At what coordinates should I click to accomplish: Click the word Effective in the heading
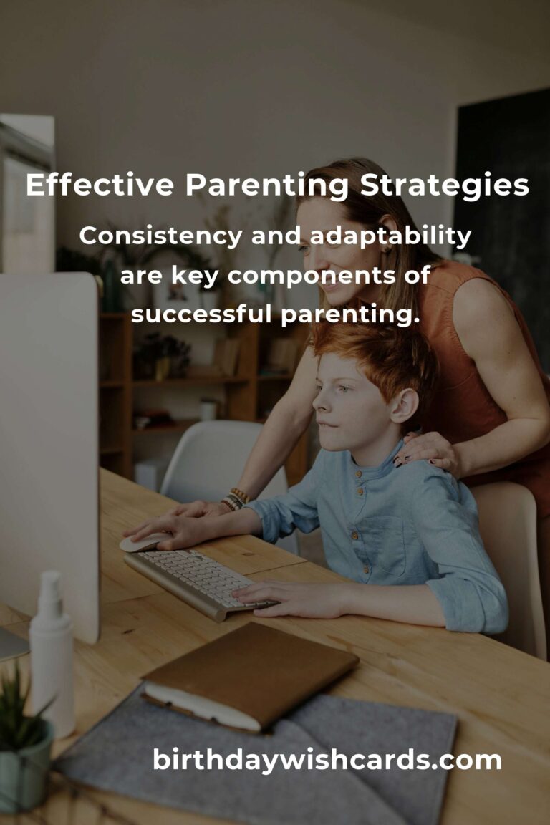pos(100,185)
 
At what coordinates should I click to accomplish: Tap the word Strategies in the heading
pos(445,186)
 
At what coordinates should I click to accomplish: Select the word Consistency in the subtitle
pos(161,236)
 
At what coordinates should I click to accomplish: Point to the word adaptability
pos(390,237)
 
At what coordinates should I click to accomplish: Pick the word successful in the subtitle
pos(201,314)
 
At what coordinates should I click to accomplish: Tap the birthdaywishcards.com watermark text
pos(327,760)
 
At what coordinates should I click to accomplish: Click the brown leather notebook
pos(251,675)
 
